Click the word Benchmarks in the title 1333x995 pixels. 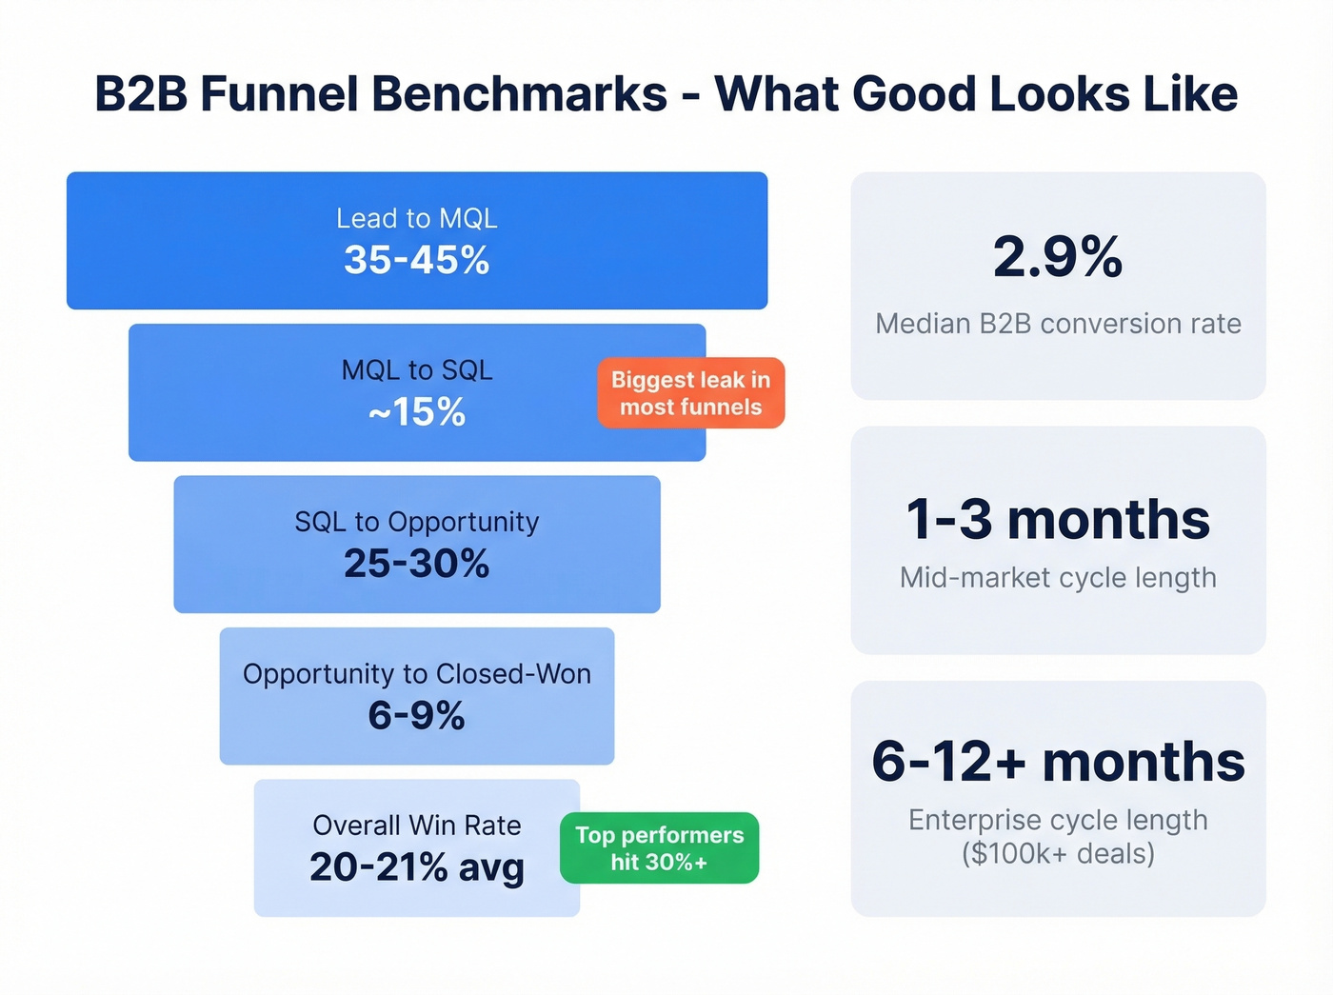coord(519,94)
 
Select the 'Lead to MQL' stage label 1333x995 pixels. coord(416,219)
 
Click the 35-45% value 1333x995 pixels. coord(416,260)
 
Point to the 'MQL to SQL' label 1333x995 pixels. coord(416,370)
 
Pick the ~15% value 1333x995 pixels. coord(416,412)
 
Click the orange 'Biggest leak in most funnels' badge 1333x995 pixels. coord(690,393)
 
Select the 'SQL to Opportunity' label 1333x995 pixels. coord(416,522)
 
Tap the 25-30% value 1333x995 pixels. coord(416,564)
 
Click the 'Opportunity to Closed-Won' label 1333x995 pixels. coord(416,674)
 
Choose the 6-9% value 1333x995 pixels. coord(416,715)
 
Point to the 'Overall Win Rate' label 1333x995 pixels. coord(416,826)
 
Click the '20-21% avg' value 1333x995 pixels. coord(416,867)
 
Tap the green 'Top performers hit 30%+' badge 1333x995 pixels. coord(659,848)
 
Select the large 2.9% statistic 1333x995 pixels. coord(1058,257)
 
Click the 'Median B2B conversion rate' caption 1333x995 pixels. coord(1058,324)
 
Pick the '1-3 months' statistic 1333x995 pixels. coord(1058,520)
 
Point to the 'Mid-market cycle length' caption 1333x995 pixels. coord(1058,578)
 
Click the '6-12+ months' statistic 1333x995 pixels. coord(1058,762)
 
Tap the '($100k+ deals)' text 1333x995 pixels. coord(1058,853)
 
